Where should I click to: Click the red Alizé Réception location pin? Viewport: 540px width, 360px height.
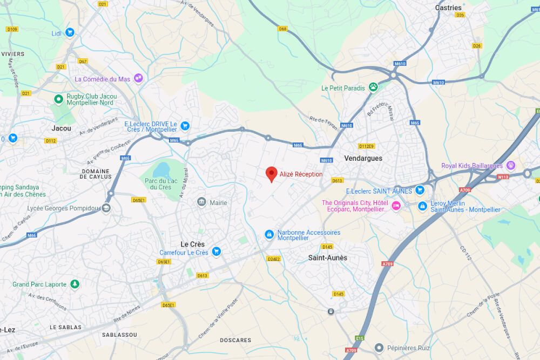[272, 174]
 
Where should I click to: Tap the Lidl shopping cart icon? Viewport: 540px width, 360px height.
[70, 32]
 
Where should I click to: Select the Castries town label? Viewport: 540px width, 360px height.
[448, 8]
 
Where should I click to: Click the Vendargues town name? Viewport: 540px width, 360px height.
[363, 158]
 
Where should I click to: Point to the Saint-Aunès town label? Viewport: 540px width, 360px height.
[328, 258]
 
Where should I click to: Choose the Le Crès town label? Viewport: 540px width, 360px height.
[193, 244]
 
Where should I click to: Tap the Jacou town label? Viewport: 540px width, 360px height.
[61, 128]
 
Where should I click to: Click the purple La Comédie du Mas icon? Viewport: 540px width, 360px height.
[139, 78]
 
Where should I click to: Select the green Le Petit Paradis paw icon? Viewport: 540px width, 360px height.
[373, 87]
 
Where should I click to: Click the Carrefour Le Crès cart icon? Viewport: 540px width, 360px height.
[216, 252]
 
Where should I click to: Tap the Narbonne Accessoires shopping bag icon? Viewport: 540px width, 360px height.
[269, 234]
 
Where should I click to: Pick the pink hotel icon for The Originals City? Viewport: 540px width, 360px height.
[396, 205]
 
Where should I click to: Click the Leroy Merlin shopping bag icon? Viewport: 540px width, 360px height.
[422, 205]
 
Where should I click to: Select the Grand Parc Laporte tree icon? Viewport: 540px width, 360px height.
[75, 284]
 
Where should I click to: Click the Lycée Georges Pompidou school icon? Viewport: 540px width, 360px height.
[106, 208]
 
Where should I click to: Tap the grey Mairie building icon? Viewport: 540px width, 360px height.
[201, 202]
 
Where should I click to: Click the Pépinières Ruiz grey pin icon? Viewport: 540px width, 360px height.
[380, 348]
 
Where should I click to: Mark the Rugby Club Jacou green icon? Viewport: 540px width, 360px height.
[58, 99]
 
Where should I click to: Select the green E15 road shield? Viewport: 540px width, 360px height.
[360, 338]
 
